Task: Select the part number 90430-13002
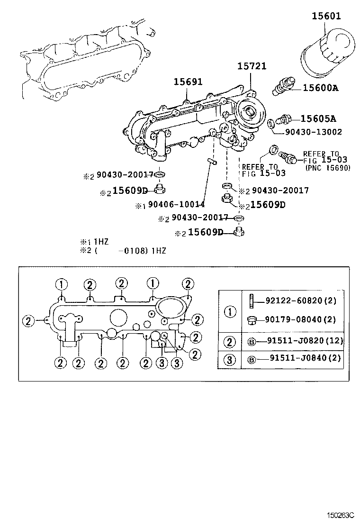[313, 132]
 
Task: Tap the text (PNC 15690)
[328, 168]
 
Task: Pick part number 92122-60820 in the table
[295, 300]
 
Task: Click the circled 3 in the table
[230, 359]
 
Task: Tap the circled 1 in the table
[230, 311]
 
